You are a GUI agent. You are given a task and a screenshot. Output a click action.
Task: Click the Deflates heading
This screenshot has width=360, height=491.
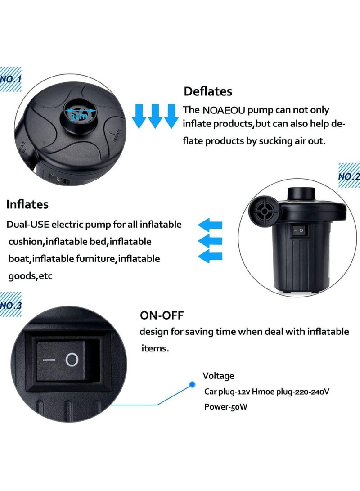(x=208, y=91)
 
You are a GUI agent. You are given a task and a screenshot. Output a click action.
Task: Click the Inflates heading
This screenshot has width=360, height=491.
(x=27, y=204)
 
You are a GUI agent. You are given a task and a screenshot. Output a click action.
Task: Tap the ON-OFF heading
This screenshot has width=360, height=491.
(x=162, y=315)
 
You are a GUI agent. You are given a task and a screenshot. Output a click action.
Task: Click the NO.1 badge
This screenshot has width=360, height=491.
(x=10, y=79)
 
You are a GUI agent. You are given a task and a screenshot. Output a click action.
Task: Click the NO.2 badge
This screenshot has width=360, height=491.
(x=349, y=176)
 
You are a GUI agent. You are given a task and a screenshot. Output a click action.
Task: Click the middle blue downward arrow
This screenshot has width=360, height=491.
(x=154, y=116)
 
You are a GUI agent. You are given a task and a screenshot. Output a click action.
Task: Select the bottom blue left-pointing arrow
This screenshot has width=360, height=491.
(x=211, y=257)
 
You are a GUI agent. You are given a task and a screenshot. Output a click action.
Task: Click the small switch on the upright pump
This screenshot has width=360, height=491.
(x=297, y=231)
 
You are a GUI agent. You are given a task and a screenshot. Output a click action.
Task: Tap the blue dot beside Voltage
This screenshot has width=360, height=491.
(x=192, y=384)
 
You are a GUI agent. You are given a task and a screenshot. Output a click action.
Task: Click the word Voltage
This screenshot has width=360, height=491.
(x=218, y=376)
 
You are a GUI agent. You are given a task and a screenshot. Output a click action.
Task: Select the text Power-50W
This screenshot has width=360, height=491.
(x=226, y=406)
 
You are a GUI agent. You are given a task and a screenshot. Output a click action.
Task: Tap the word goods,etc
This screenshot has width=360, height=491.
(x=31, y=276)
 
